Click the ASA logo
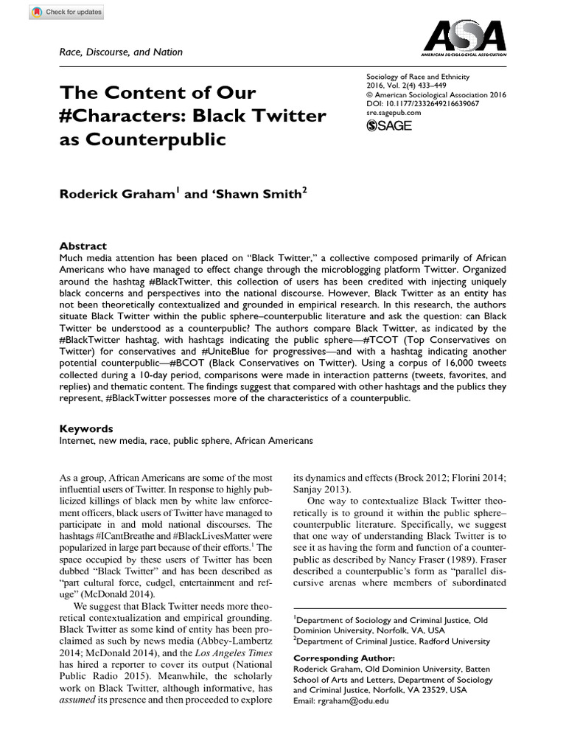[463, 37]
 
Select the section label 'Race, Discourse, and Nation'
[121, 52]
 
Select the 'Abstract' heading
[83, 246]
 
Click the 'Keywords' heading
[86, 428]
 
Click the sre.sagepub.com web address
[394, 114]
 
